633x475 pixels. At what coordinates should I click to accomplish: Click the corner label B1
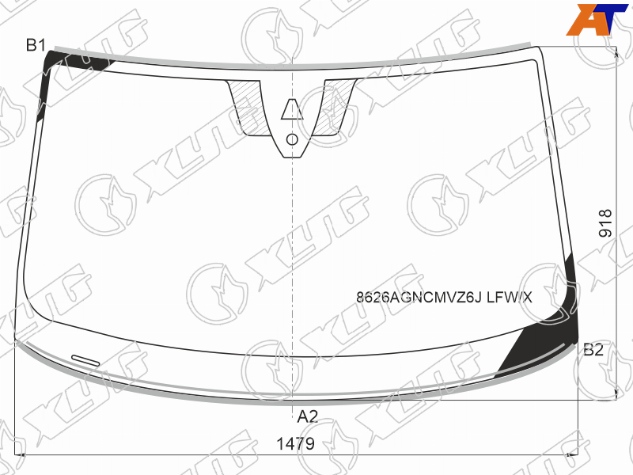click(36, 45)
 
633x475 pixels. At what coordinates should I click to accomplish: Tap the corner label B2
click(593, 349)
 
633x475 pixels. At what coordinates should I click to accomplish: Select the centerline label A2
click(308, 416)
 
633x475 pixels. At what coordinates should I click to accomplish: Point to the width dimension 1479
click(295, 443)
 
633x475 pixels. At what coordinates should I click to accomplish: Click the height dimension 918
click(605, 223)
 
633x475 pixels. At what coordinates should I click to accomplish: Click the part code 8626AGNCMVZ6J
click(419, 298)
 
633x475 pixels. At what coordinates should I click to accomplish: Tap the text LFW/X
click(510, 298)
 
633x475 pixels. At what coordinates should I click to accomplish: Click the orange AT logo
click(597, 19)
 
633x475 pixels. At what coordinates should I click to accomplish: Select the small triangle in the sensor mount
click(292, 109)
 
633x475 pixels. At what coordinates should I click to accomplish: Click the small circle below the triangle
click(292, 139)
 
